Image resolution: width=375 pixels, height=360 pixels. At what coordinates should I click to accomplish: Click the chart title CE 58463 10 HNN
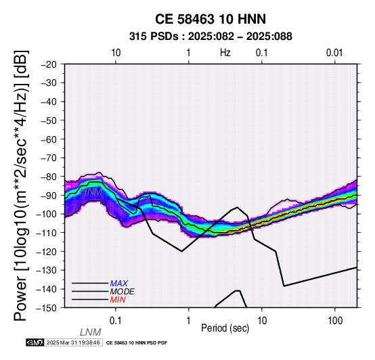pos(211,19)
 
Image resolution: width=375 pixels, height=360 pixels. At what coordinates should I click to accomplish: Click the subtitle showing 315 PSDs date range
pos(211,37)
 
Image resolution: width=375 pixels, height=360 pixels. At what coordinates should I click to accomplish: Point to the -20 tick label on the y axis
pos(49,64)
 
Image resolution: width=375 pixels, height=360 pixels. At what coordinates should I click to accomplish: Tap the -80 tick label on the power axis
pos(49,177)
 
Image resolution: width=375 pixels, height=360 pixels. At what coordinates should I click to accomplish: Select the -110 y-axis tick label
pos(47,233)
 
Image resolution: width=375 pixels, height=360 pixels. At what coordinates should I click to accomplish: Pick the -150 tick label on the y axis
pos(47,308)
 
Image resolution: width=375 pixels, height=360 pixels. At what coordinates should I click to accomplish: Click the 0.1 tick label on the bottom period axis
pos(116,321)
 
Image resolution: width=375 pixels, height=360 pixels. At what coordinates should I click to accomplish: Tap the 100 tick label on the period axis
pos(335,321)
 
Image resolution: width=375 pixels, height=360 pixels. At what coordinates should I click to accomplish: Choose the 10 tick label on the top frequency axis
pos(116,53)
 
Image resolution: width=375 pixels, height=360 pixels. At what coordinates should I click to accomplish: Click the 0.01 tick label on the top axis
pos(335,53)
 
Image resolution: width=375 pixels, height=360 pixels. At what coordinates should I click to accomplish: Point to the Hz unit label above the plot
pos(225,53)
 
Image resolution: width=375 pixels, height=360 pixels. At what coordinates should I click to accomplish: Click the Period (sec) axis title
pos(225,328)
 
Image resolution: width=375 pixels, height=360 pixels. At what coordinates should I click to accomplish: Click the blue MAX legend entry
pos(118,284)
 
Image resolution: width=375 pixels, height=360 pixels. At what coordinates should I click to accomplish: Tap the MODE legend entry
pos(123,292)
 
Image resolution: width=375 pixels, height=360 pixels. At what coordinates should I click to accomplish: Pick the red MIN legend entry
pos(118,300)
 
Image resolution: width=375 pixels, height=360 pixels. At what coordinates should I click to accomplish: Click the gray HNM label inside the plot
pos(91,192)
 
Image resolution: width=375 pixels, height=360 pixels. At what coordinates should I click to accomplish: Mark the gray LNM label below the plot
pos(91,332)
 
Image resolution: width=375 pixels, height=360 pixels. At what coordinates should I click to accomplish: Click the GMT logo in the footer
pos(35,342)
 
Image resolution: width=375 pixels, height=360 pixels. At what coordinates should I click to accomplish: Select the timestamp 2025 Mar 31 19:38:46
pos(73,343)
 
